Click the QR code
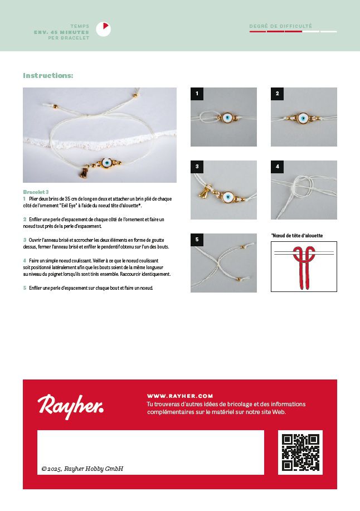coord(300,452)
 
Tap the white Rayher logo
coord(70,405)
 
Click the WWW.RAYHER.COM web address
coord(180,396)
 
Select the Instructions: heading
coord(48,76)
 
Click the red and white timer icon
coord(103,29)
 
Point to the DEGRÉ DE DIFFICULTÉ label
coord(281,26)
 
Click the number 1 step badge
coord(196,93)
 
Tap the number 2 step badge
coord(276,93)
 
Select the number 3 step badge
coord(196,166)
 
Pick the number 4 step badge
coord(276,166)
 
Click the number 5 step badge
coord(196,239)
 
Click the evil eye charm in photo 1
coord(227,118)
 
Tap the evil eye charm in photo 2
coord(303,118)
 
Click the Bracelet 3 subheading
coord(35,192)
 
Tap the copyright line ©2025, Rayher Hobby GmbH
coord(82,469)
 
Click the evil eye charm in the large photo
coord(106,163)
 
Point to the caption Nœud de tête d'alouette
coord(297,236)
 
